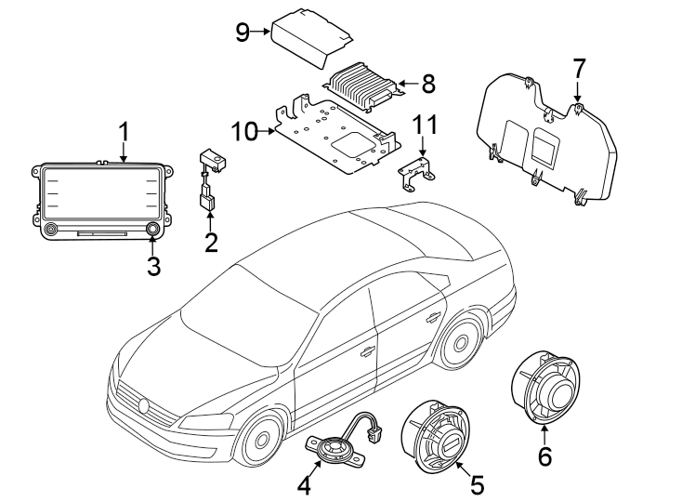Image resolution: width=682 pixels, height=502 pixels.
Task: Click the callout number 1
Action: click(124, 132)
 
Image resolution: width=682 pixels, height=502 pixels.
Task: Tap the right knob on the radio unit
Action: click(152, 229)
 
